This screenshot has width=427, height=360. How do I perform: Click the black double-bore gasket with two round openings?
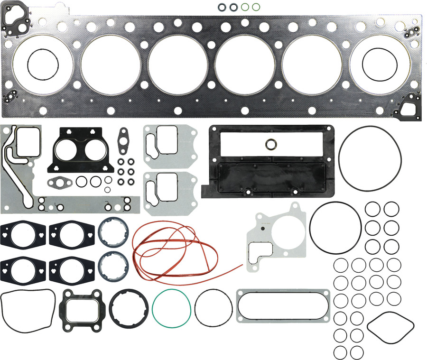[81, 150]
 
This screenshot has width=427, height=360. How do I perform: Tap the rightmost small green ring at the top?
[256, 7]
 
